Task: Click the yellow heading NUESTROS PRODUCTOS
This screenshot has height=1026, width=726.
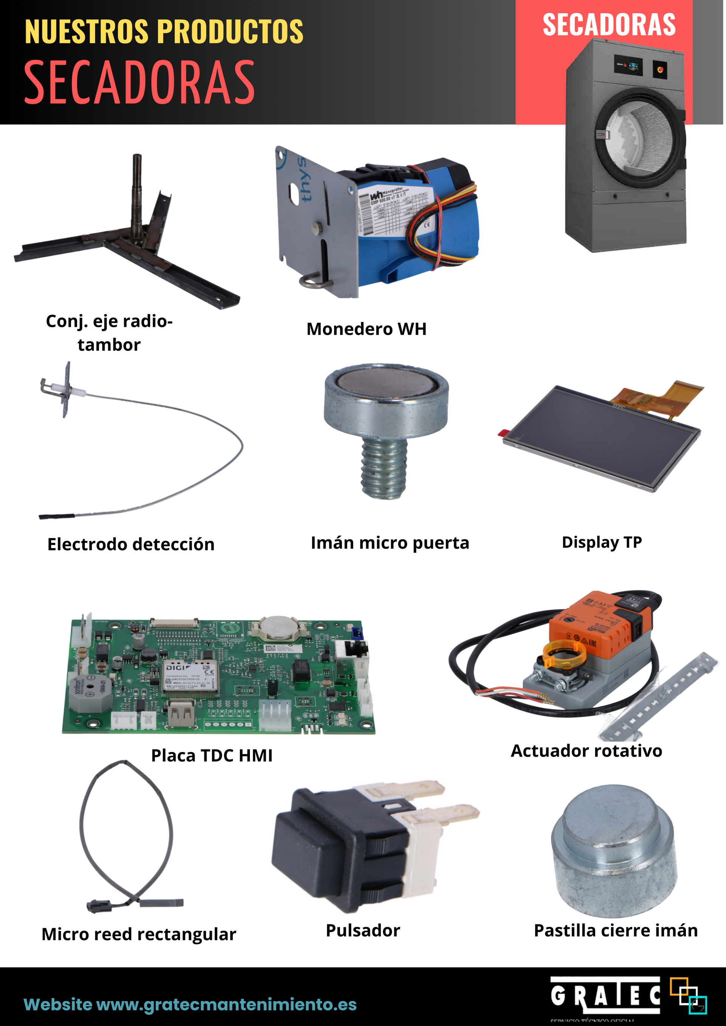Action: [164, 32]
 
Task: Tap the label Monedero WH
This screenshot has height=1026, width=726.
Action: [366, 329]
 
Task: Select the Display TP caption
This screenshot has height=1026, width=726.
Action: [601, 542]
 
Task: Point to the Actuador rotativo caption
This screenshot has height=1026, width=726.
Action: [586, 751]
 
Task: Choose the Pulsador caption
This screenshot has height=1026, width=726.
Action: [363, 931]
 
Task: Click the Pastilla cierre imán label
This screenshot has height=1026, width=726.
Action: [616, 931]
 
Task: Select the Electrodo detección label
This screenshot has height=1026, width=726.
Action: [131, 544]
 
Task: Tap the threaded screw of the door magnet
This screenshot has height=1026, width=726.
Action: [384, 467]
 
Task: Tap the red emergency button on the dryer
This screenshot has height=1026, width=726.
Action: [659, 68]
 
